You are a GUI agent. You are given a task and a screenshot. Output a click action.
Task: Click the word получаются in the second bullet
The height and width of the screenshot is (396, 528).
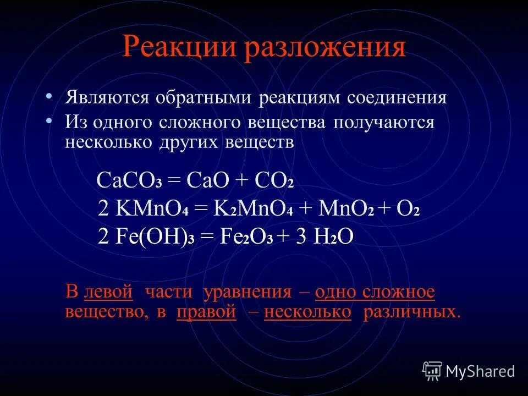pos(383,122)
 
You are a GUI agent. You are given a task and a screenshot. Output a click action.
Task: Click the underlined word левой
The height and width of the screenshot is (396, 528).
pos(108,292)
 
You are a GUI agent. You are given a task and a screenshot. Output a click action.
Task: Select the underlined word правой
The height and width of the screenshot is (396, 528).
pos(206,312)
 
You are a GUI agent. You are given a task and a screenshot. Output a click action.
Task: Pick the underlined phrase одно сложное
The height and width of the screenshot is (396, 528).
pos(375,292)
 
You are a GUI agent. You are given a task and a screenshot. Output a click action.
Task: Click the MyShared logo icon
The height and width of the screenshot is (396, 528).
pos(432,370)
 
